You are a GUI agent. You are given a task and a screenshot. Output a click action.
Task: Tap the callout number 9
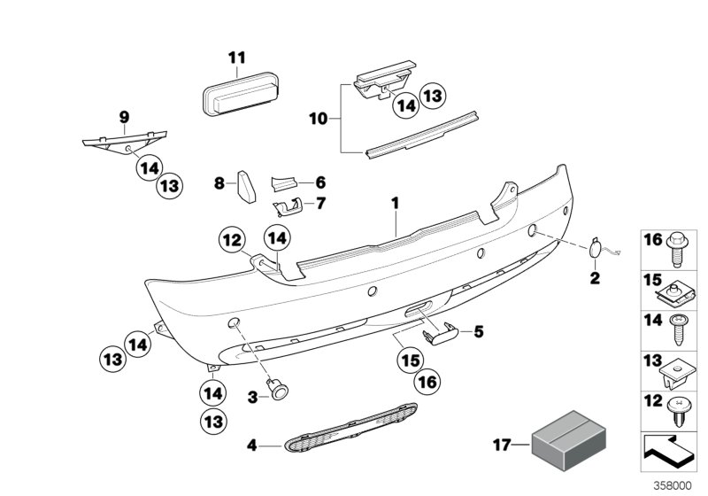[124, 116]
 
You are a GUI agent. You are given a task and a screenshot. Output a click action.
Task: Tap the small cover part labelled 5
[442, 333]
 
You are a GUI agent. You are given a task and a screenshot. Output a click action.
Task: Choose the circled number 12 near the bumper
[231, 239]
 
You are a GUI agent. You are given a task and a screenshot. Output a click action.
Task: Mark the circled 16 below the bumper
[427, 383]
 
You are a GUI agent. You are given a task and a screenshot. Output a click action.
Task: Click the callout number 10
[317, 118]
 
